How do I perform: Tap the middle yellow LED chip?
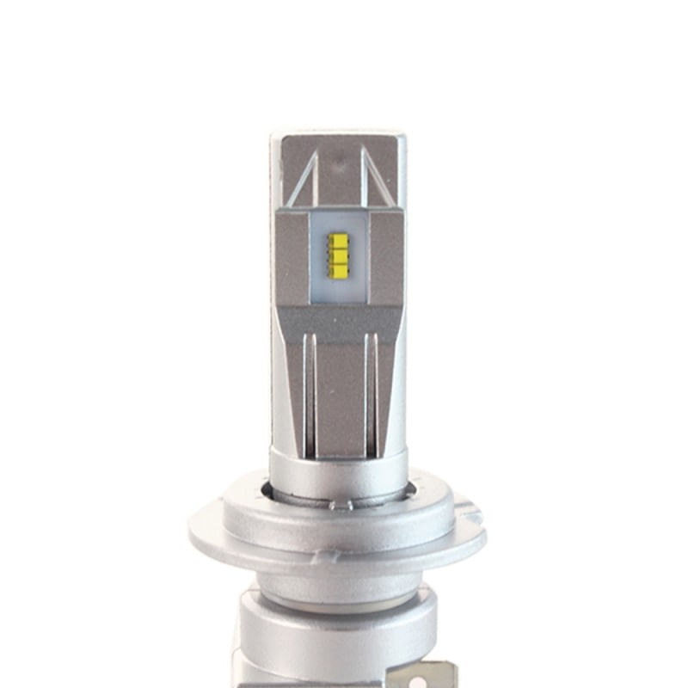click(337, 256)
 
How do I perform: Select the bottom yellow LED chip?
click(337, 270)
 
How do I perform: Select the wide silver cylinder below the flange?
click(335, 636)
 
